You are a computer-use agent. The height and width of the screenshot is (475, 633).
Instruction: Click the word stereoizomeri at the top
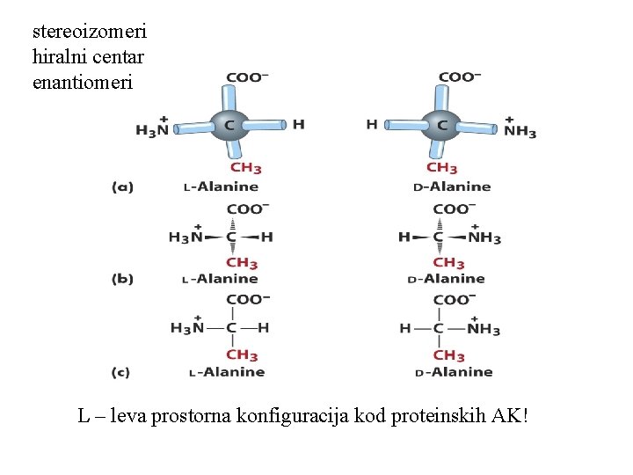click(89, 32)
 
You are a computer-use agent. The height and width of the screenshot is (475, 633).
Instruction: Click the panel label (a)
click(122, 186)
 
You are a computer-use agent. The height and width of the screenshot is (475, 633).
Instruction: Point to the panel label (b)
click(122, 279)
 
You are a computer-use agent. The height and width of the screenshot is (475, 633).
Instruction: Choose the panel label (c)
click(121, 372)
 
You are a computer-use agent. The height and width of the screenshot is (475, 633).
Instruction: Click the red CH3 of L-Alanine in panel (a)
click(245, 168)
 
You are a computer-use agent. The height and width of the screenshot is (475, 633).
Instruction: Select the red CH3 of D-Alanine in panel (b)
click(448, 262)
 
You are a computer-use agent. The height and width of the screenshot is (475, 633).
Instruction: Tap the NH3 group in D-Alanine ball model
click(520, 130)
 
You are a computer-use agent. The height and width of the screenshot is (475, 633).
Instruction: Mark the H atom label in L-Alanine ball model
click(299, 125)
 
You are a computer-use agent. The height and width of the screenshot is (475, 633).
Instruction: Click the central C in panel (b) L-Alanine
click(230, 237)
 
